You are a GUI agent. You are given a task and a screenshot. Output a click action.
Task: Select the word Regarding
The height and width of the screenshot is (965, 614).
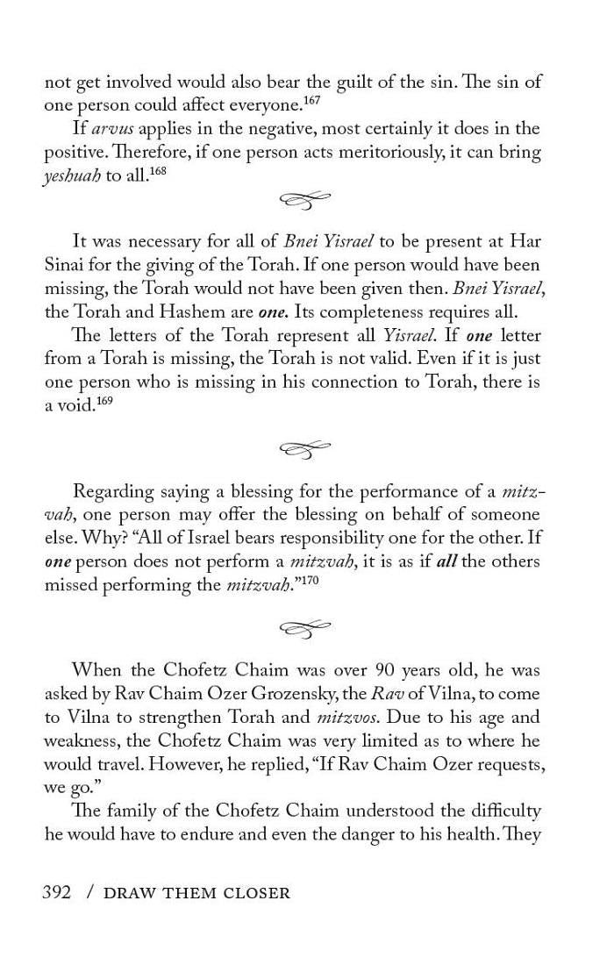pos(113,492)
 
